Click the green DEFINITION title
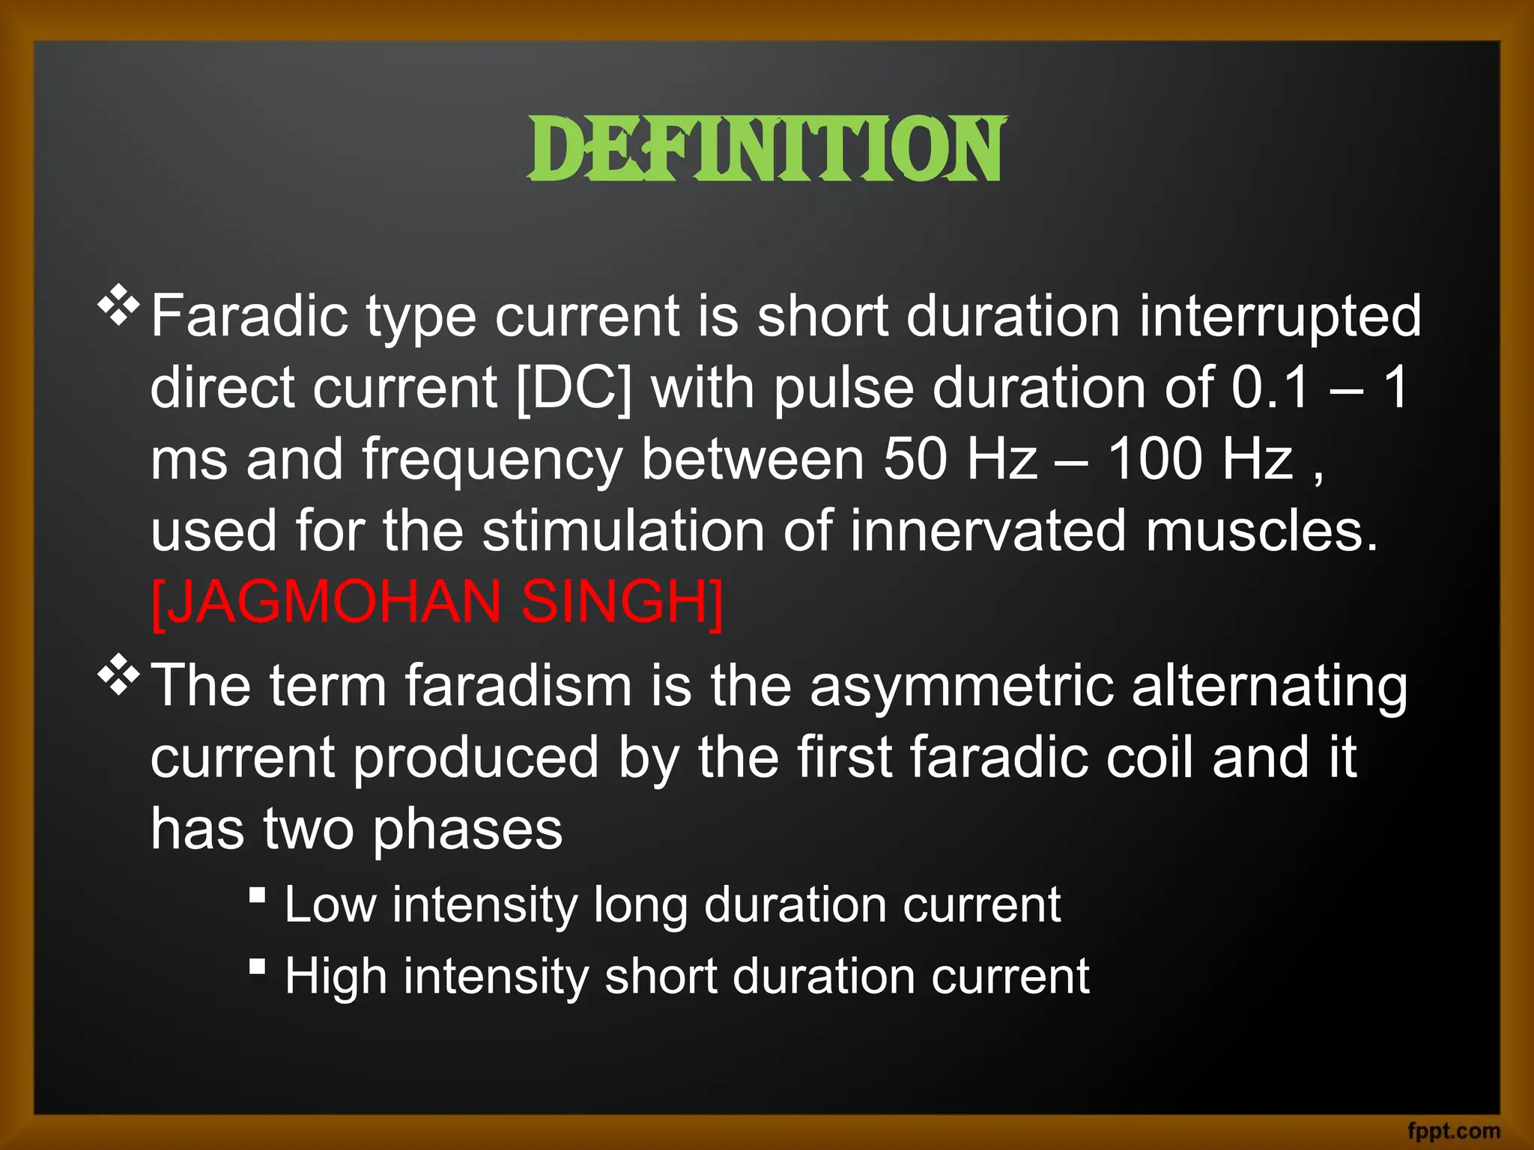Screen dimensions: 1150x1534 (x=767, y=150)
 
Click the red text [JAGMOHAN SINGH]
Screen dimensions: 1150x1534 (x=437, y=603)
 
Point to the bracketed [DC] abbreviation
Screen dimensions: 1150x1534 (x=575, y=388)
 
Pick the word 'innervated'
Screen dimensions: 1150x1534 (x=988, y=531)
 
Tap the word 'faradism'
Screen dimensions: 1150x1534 (x=518, y=685)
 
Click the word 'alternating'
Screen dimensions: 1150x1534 (x=1270, y=685)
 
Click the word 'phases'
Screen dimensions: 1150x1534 (x=468, y=830)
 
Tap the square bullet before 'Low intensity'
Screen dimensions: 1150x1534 (x=258, y=895)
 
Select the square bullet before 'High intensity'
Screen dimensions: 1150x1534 (x=258, y=967)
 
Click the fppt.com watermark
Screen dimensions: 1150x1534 (x=1453, y=1131)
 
